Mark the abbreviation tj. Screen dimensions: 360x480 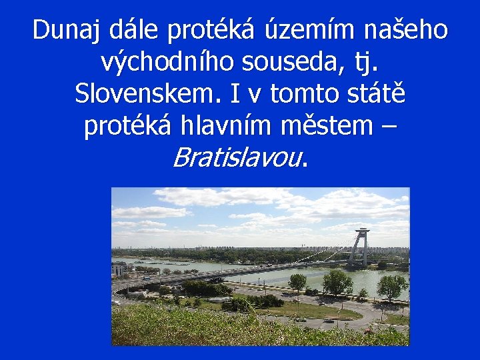(x=367, y=63)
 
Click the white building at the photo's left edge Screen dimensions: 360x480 (x=117, y=269)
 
